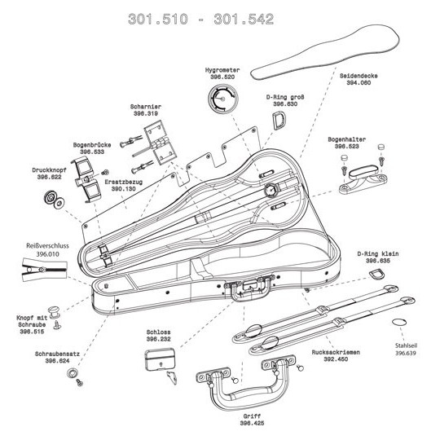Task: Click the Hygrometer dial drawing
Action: (222, 99)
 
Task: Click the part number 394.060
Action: (359, 83)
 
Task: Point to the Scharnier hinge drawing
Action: (160, 143)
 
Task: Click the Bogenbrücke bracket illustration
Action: (86, 178)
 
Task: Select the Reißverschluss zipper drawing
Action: (44, 269)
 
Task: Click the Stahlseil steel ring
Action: (398, 322)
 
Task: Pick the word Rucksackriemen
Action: (336, 352)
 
